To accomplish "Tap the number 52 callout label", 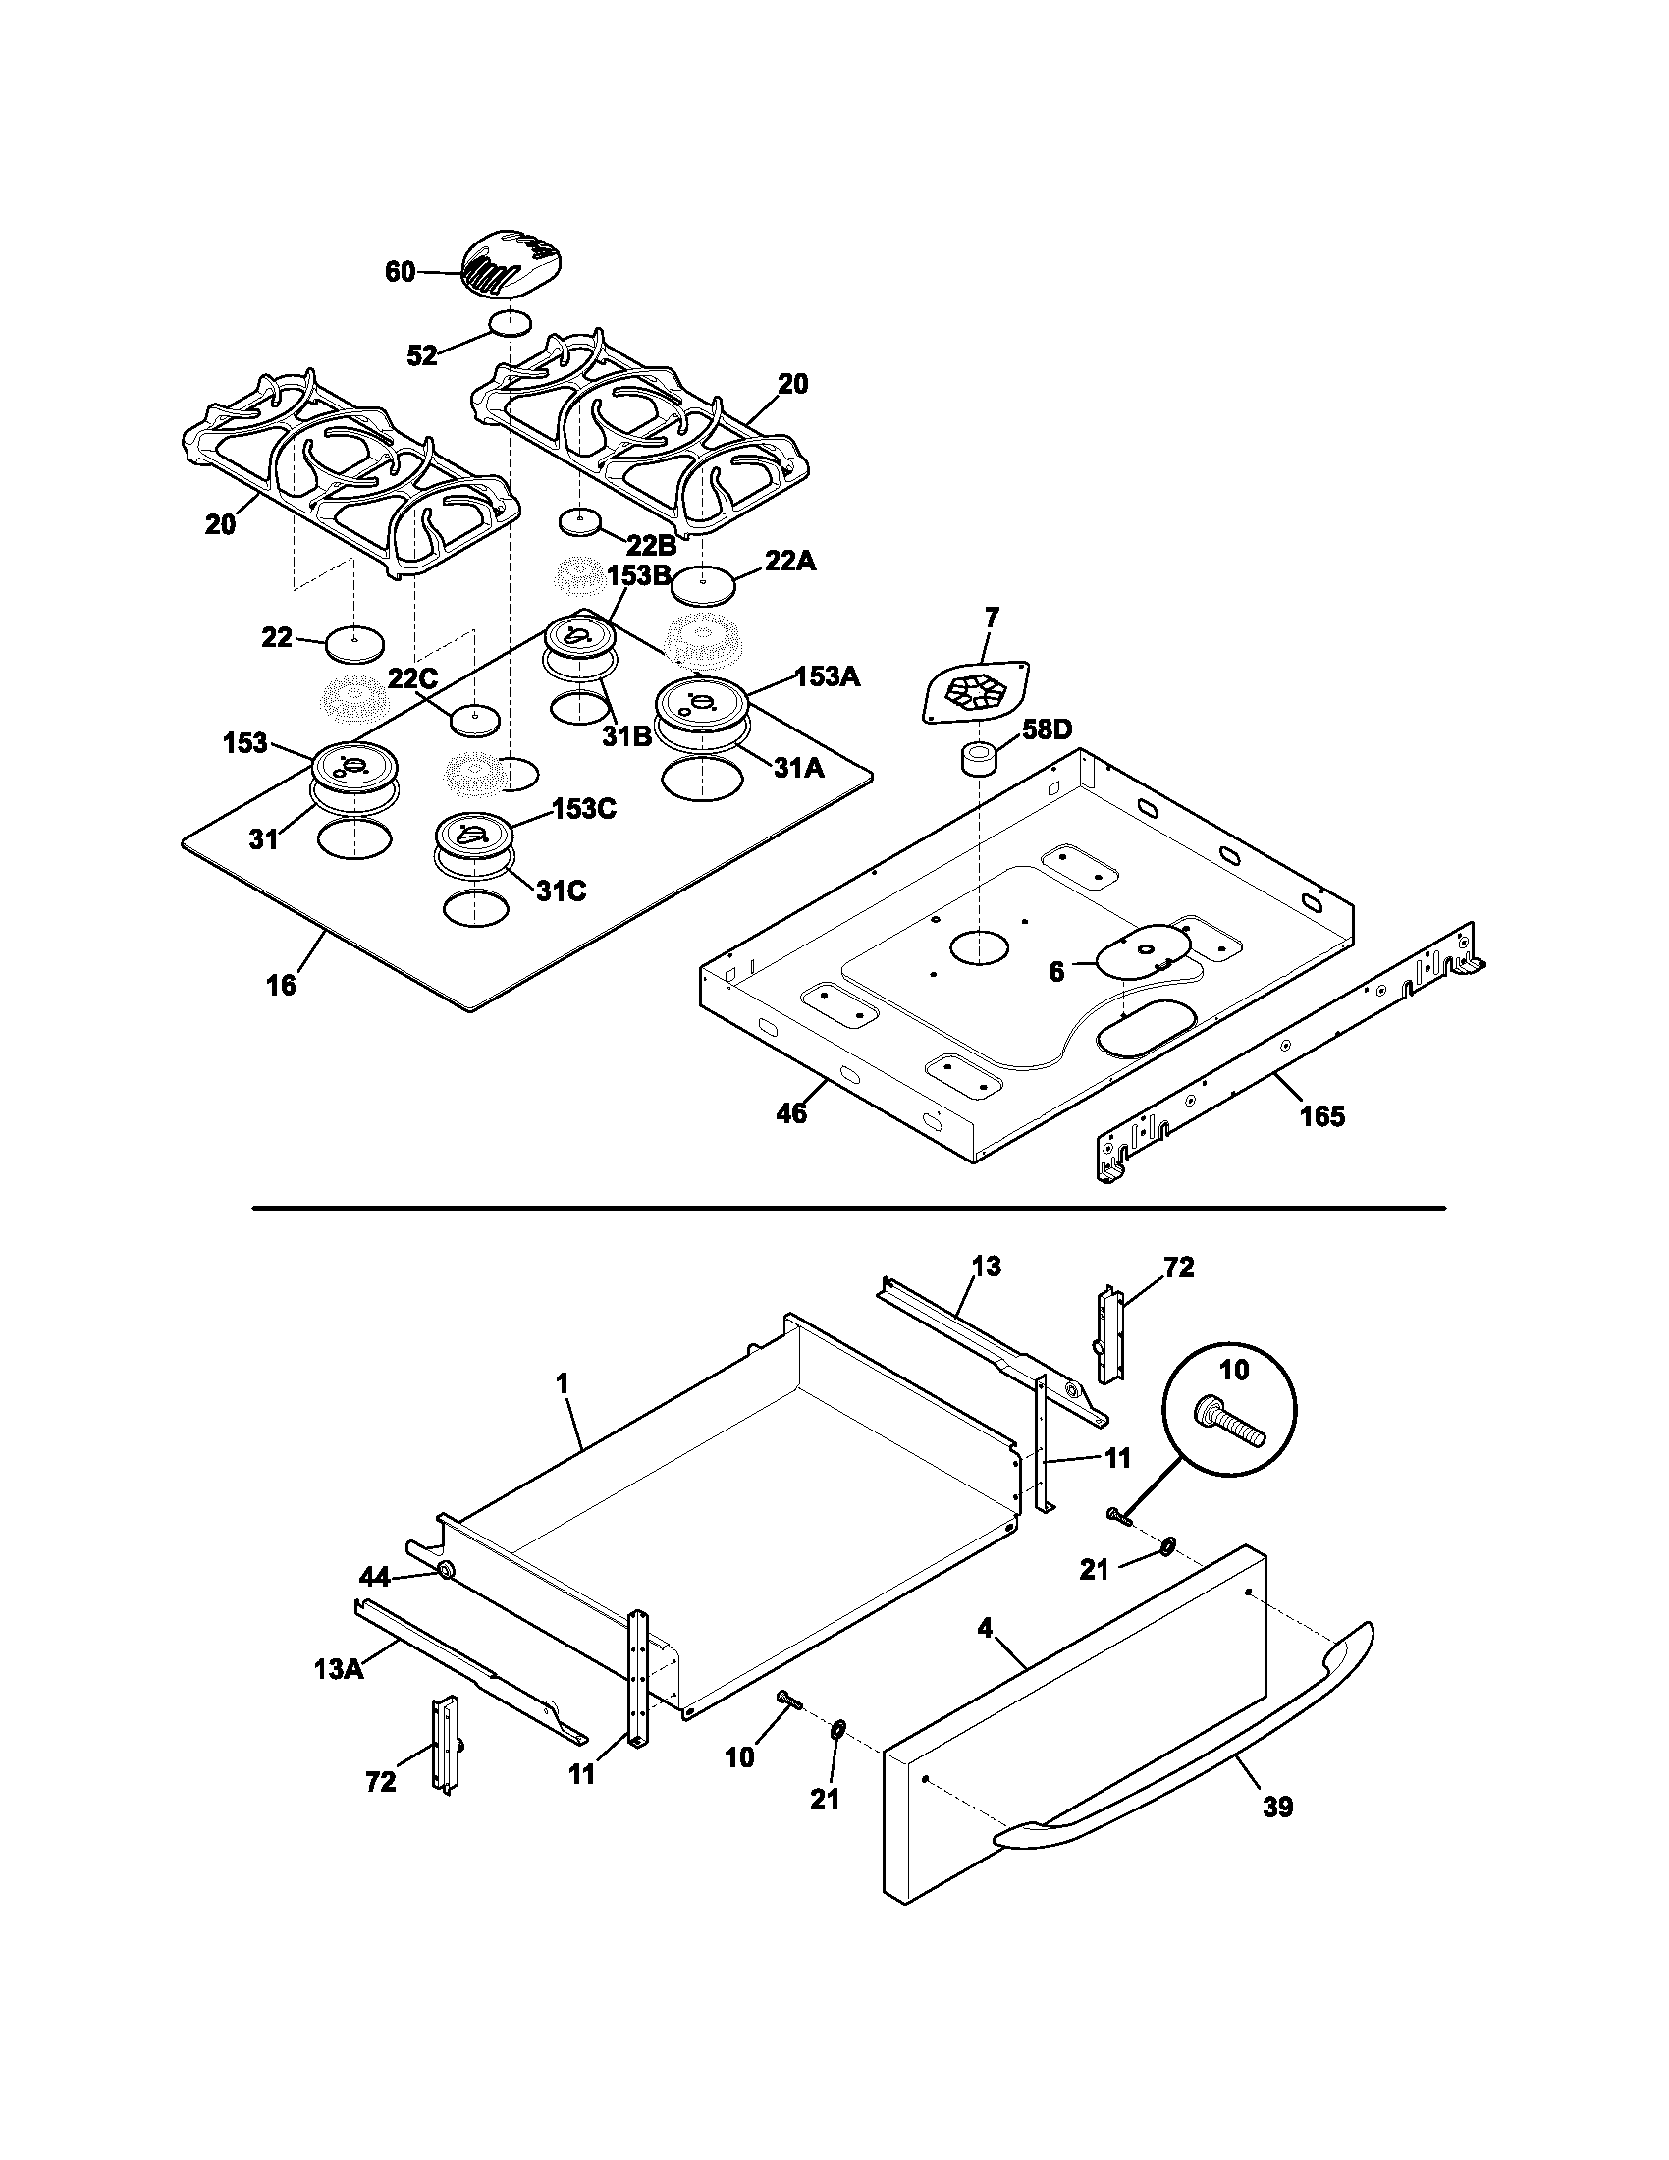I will pyautogui.click(x=422, y=356).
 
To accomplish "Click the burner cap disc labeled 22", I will pyautogui.click(x=354, y=644).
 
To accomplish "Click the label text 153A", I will pyautogui.click(x=828, y=677).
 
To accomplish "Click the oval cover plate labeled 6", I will pyautogui.click(x=1138, y=952).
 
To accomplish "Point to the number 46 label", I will pyautogui.click(x=791, y=1113).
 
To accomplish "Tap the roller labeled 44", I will pyautogui.click(x=444, y=1571).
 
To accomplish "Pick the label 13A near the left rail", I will pyautogui.click(x=332, y=1669).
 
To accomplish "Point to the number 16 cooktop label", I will pyautogui.click(x=281, y=985).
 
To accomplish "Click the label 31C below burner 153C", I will pyautogui.click(x=562, y=891).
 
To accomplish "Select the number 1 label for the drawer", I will pyautogui.click(x=562, y=1383).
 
